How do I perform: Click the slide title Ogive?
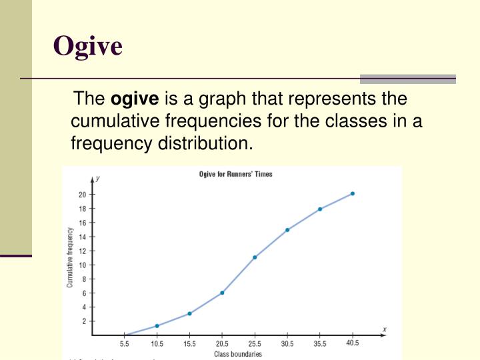(x=87, y=46)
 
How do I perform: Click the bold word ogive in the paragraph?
(x=135, y=99)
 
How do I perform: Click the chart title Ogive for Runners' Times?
(x=235, y=174)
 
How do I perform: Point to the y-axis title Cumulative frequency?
(x=70, y=257)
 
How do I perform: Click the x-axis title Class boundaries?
(x=237, y=354)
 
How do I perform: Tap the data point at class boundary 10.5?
(x=157, y=325)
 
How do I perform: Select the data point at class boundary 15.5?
(x=189, y=313)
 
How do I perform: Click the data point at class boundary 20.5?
(x=222, y=293)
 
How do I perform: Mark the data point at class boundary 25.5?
(x=255, y=257)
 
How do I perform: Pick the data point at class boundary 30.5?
(x=287, y=230)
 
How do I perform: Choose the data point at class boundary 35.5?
(x=320, y=209)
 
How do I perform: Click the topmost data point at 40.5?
(x=353, y=193)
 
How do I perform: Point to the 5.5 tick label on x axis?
(x=124, y=344)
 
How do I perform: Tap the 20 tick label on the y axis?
(x=82, y=195)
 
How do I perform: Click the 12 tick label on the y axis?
(x=82, y=251)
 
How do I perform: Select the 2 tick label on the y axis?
(x=83, y=321)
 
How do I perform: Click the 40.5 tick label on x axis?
(x=353, y=343)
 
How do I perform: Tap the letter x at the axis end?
(x=385, y=329)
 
